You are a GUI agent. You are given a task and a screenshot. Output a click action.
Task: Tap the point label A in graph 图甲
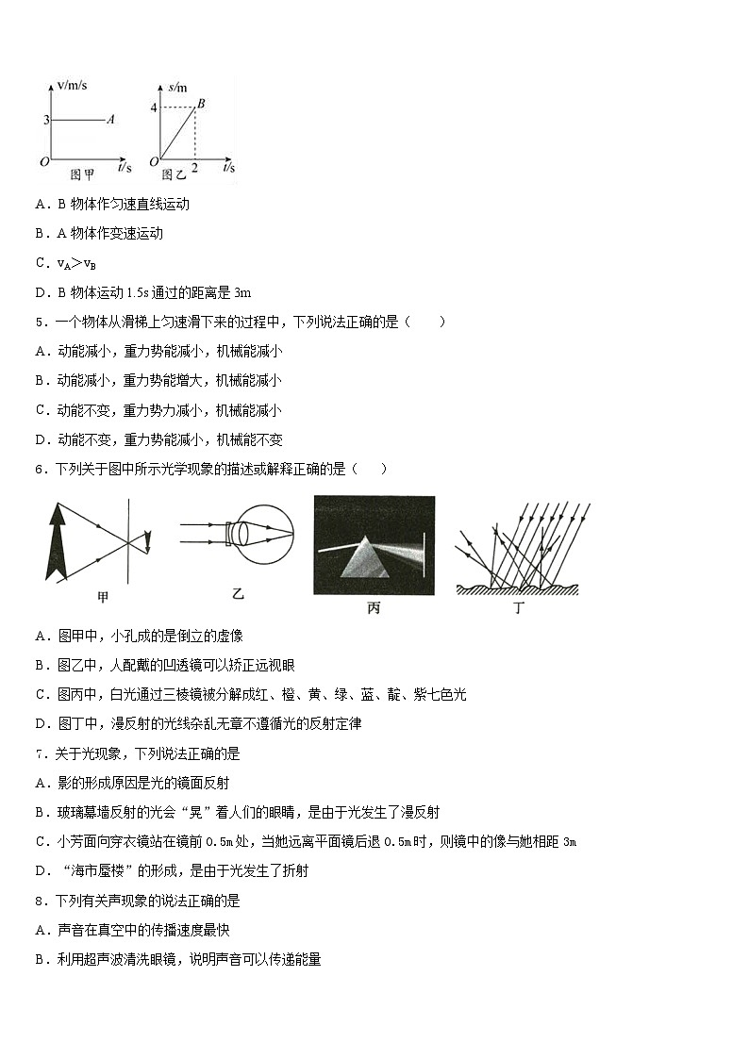(110, 120)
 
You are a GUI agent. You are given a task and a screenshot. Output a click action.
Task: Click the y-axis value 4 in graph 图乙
(153, 107)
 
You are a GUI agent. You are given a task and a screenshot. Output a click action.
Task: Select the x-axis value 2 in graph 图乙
(194, 167)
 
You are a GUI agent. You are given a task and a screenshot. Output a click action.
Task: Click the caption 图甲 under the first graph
(83, 174)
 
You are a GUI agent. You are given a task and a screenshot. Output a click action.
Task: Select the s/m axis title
(176, 87)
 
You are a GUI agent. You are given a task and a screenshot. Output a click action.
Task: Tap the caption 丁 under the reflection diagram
(517, 608)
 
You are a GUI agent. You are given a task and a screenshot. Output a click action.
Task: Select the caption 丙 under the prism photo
(374, 608)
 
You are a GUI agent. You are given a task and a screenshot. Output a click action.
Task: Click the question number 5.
(40, 322)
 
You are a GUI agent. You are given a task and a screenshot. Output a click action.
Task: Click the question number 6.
(40, 469)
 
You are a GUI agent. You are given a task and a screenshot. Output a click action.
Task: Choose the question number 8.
(40, 901)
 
